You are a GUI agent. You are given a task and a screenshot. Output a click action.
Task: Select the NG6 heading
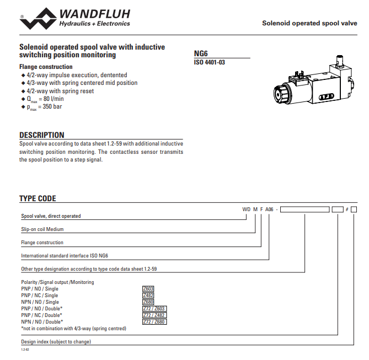[x=201, y=53]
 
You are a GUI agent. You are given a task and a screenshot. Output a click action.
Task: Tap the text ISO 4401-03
[x=209, y=62]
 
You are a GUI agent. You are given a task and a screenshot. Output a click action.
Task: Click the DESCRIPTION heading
[x=42, y=135]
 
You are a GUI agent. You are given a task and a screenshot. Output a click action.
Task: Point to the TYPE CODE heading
[x=38, y=198]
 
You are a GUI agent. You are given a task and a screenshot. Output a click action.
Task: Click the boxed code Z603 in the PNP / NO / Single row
[x=148, y=289]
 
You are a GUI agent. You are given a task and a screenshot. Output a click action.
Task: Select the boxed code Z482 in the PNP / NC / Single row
[x=148, y=295]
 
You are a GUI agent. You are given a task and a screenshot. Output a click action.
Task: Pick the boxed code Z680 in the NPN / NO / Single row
[x=148, y=302]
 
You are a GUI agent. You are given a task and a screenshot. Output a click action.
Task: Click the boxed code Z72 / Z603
[x=154, y=309]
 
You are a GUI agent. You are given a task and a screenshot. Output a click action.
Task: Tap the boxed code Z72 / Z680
[x=154, y=322]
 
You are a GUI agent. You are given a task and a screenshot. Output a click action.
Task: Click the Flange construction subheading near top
[x=46, y=67]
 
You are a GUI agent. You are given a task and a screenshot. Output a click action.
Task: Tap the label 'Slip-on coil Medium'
[x=42, y=229]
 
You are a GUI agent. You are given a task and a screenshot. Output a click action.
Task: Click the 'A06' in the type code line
[x=270, y=209]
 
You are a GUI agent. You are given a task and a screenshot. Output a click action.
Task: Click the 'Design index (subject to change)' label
[x=56, y=342]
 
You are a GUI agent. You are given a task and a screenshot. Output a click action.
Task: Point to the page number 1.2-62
[x=25, y=350]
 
